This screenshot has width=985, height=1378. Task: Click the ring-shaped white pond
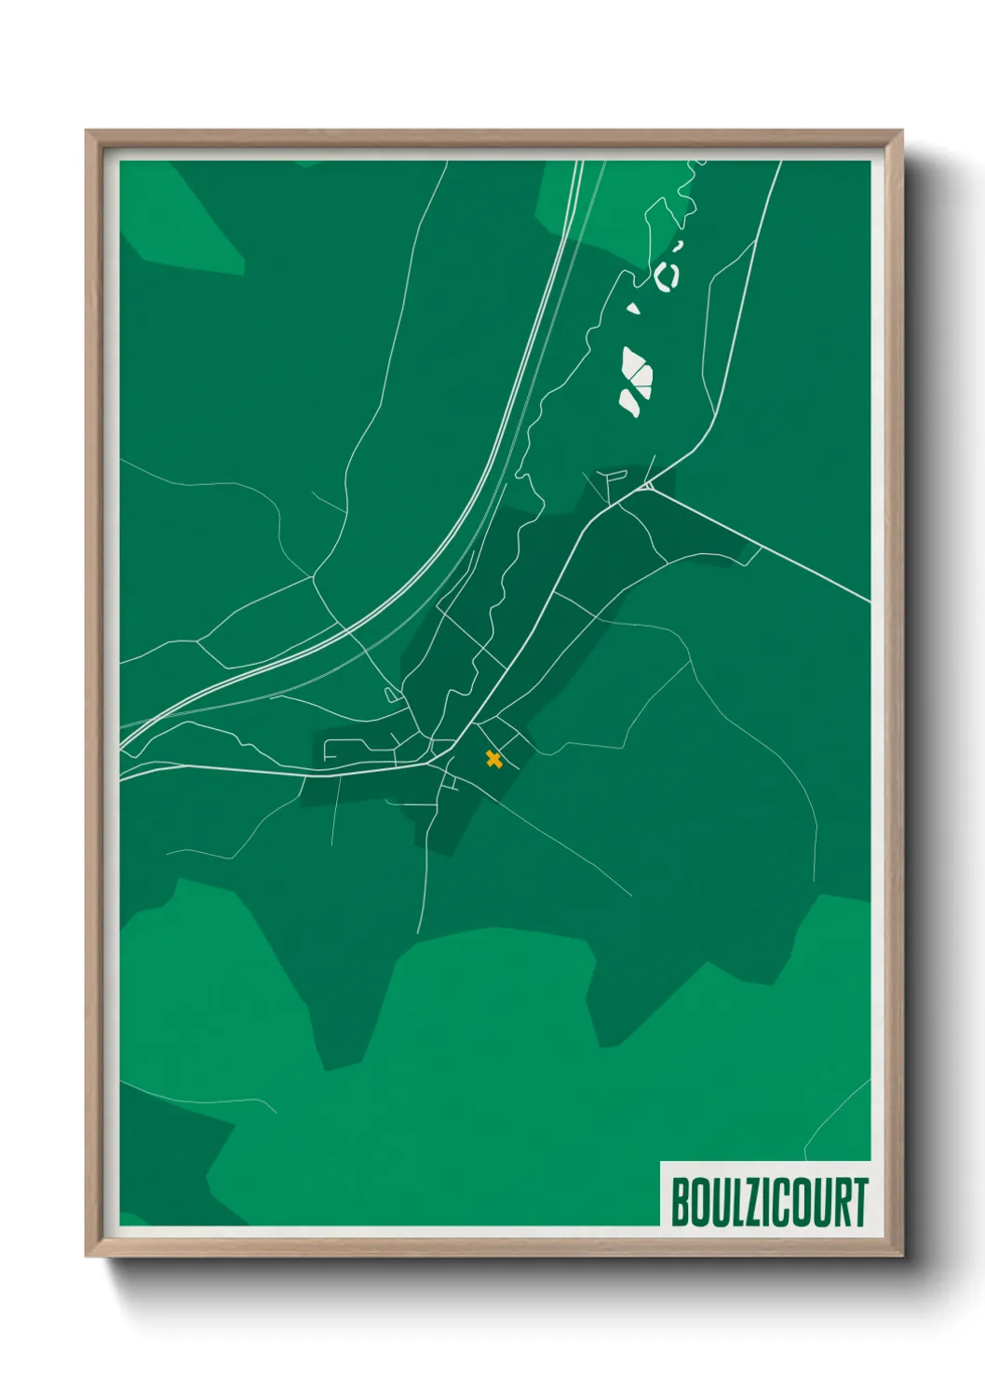click(667, 276)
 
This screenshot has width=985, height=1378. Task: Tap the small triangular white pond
click(634, 307)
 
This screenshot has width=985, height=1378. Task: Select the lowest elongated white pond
click(629, 402)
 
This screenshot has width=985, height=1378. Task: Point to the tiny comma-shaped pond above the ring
click(679, 246)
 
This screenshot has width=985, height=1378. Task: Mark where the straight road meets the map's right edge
click(870, 601)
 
